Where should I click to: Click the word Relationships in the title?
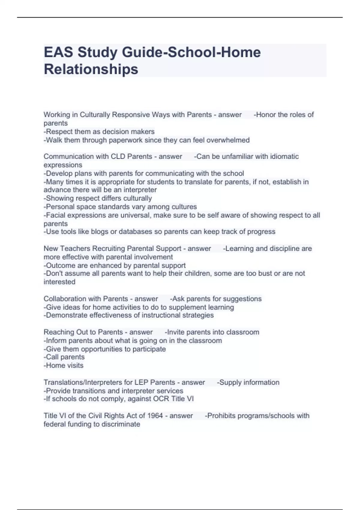[91, 69]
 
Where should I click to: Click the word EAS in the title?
[58, 52]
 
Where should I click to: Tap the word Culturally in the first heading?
[95, 115]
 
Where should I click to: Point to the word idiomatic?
[284, 156]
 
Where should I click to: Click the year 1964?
[155, 416]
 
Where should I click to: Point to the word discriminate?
[121, 424]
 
